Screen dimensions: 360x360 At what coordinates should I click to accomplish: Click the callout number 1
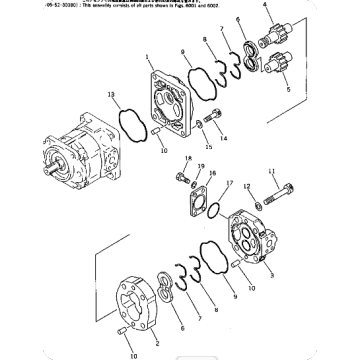click(x=147, y=58)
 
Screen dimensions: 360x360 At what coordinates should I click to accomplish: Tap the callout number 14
click(x=223, y=138)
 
